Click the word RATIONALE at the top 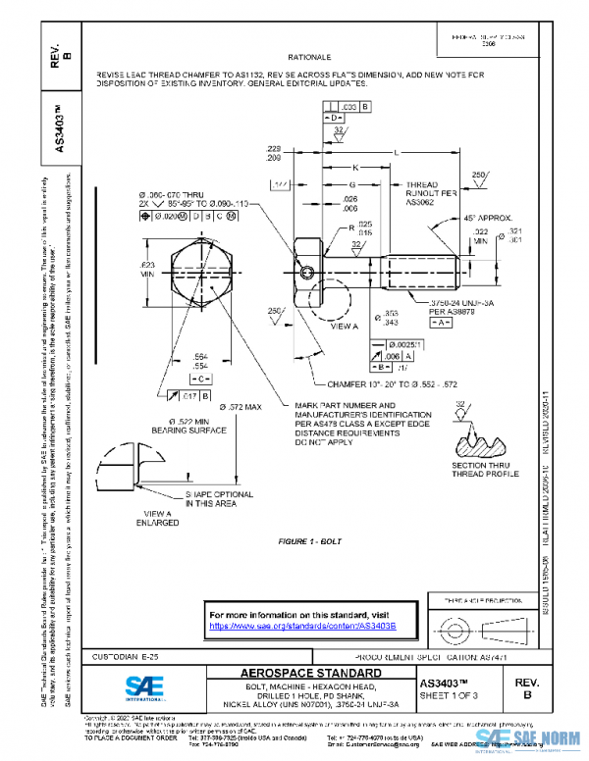[x=310, y=58]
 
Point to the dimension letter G [x=350, y=184]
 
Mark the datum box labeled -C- [x=200, y=378]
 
